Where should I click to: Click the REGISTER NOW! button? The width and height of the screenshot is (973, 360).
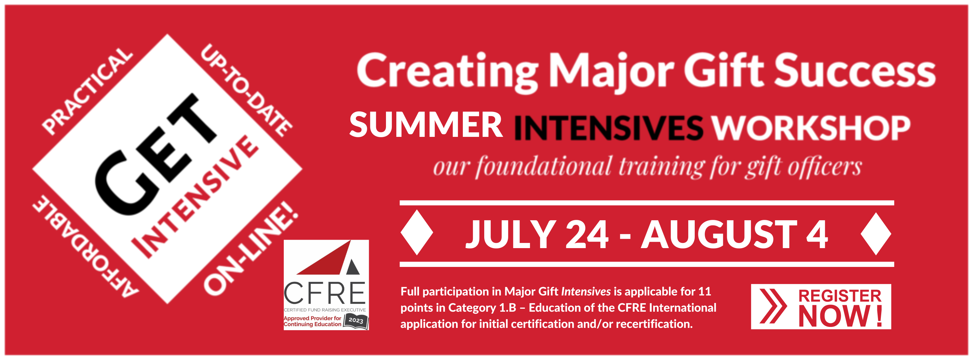821,306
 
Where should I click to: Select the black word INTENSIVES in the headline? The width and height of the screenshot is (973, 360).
608,128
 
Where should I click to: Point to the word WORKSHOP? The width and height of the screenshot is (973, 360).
811,128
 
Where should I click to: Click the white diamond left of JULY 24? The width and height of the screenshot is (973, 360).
417,232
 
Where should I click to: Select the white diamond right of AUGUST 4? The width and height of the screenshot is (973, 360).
876,234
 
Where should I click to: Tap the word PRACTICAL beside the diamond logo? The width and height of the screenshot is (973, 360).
87,91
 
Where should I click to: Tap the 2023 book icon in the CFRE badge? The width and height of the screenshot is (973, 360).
355,321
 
